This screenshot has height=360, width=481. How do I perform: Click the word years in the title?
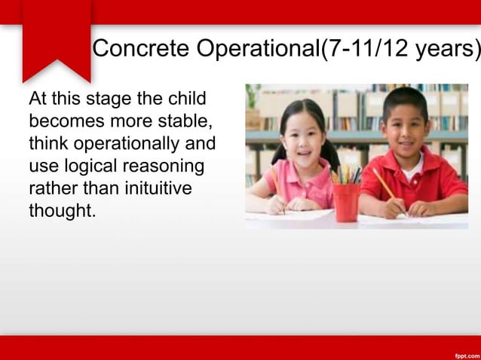click(449, 49)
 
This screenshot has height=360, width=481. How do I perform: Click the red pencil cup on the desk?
click(346, 202)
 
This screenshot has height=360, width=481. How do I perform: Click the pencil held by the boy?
click(384, 185)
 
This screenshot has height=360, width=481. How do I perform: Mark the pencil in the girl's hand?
click(276, 185)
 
